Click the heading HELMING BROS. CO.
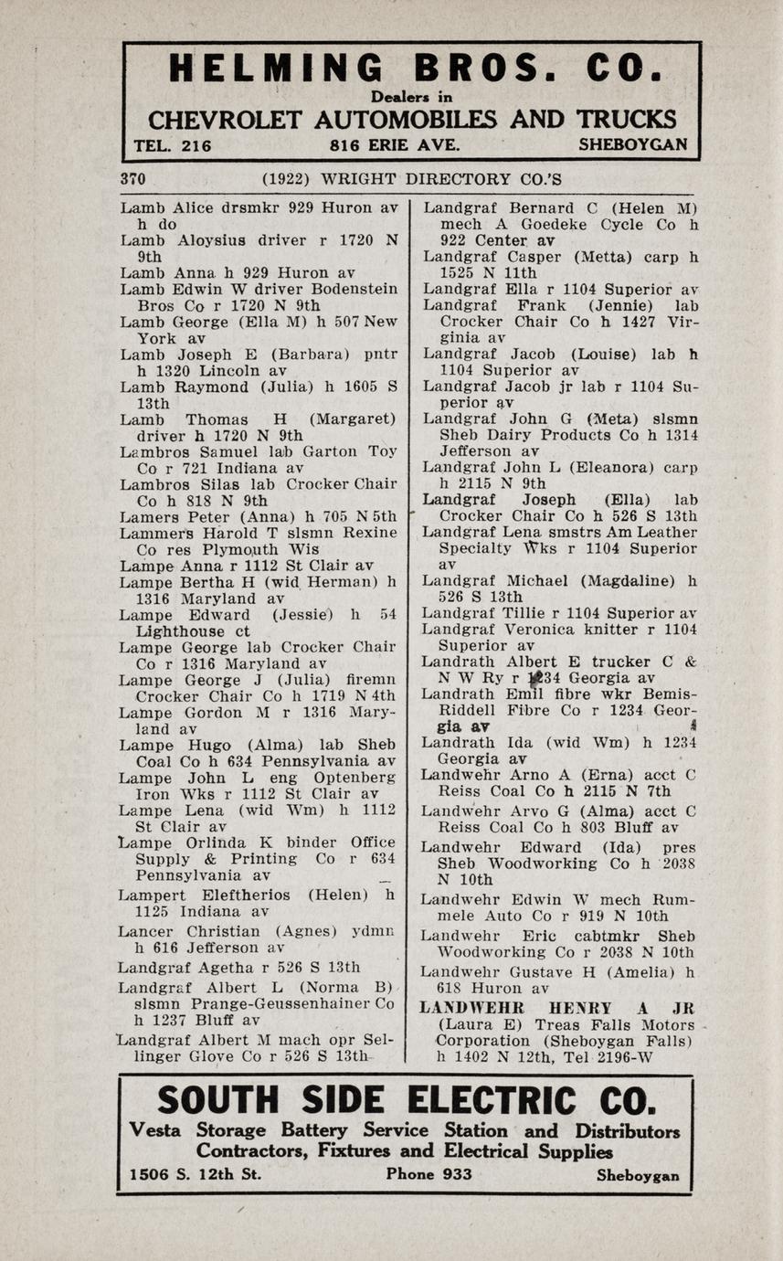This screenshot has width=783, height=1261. [413, 70]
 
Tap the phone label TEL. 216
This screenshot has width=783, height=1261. [173, 145]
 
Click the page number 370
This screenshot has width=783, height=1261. [133, 179]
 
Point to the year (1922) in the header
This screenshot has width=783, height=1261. [284, 179]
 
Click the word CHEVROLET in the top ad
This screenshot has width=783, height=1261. [225, 121]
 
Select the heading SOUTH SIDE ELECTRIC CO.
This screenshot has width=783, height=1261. [406, 1101]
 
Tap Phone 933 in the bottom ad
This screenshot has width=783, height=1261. [429, 1174]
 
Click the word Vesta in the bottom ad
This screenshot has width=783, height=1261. [161, 1130]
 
